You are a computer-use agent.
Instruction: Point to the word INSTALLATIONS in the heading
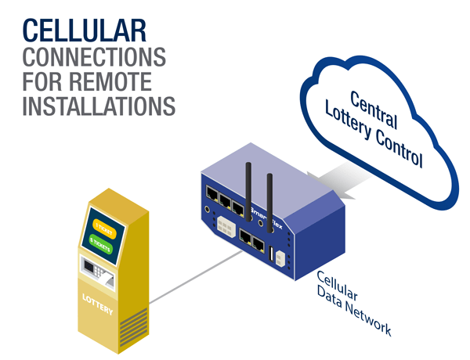pyautogui.click(x=98, y=106)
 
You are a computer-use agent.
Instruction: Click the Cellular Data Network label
pyautogui.click(x=352, y=302)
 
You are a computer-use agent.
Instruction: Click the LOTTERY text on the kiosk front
pyautogui.click(x=98, y=299)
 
